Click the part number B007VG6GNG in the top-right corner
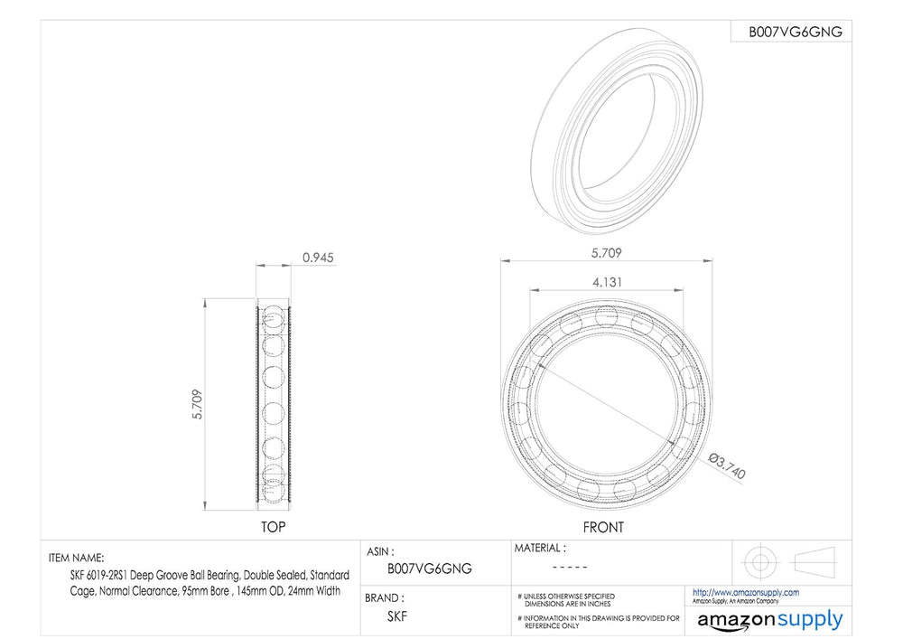796,32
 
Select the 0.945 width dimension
318,258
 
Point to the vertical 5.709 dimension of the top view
198,405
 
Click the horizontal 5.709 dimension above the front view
607,253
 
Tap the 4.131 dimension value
607,282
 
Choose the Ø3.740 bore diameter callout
727,466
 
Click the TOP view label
273,527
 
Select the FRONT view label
603,527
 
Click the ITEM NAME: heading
77,558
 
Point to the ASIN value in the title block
430,569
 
